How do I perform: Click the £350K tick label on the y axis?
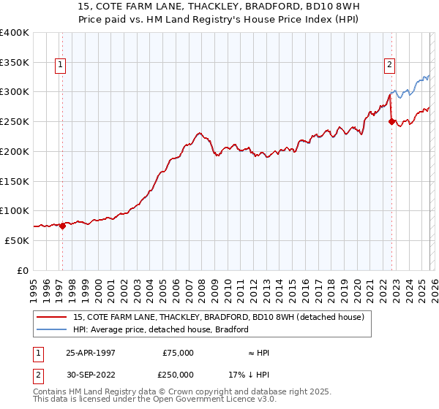[14, 63]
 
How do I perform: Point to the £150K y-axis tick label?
[14, 181]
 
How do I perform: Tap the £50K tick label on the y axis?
[17, 240]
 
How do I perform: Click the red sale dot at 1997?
[63, 226]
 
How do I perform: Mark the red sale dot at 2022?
[392, 122]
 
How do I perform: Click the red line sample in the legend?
[53, 317]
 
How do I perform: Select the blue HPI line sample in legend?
[53, 329]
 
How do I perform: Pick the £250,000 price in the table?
[178, 373]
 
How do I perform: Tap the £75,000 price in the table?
[178, 353]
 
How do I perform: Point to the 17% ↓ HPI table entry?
[248, 373]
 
